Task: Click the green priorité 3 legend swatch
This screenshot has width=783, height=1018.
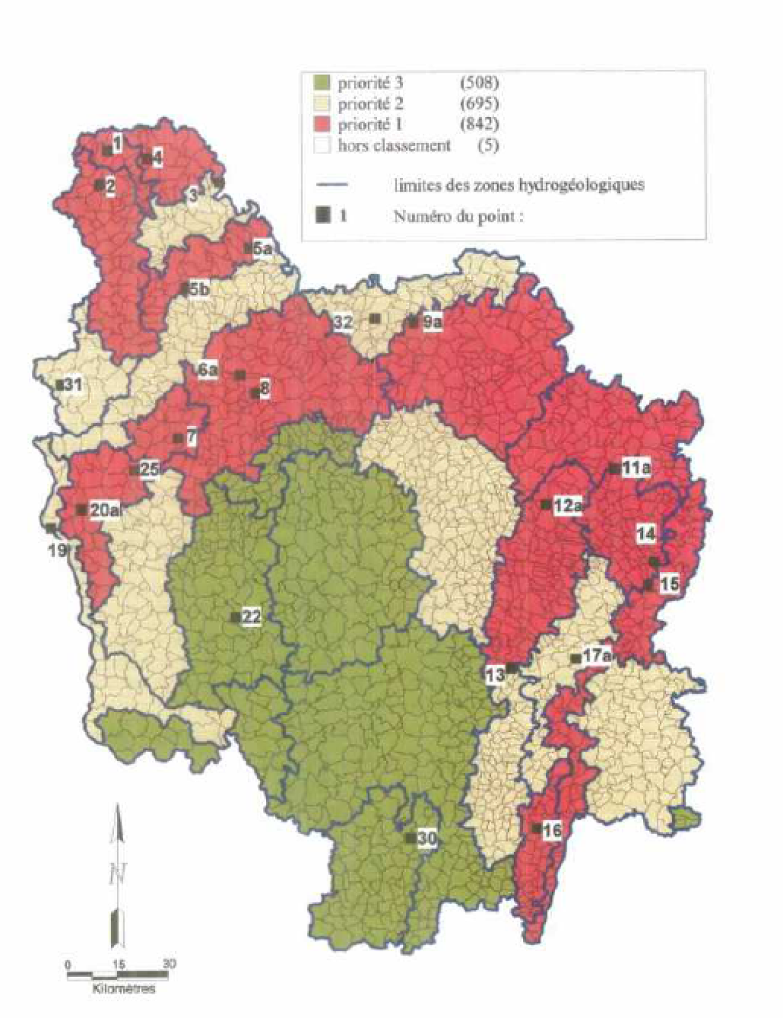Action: (x=323, y=83)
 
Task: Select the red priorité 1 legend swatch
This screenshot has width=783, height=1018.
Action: (x=323, y=125)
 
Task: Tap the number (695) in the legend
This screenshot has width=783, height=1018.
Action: (x=479, y=104)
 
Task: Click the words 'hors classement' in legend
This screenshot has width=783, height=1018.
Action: (x=394, y=145)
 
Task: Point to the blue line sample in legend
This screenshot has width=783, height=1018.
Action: (x=331, y=184)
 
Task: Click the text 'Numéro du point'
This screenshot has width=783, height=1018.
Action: (x=458, y=216)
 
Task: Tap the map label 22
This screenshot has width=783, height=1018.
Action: (x=252, y=617)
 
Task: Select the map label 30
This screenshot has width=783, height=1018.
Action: (x=426, y=838)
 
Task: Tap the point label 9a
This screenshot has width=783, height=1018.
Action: (x=432, y=323)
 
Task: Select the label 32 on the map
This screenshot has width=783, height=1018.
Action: (x=343, y=322)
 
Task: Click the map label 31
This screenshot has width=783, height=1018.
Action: (x=73, y=385)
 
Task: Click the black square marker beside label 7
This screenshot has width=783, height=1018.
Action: (x=177, y=438)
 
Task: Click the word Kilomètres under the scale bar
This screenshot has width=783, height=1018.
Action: (x=124, y=988)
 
